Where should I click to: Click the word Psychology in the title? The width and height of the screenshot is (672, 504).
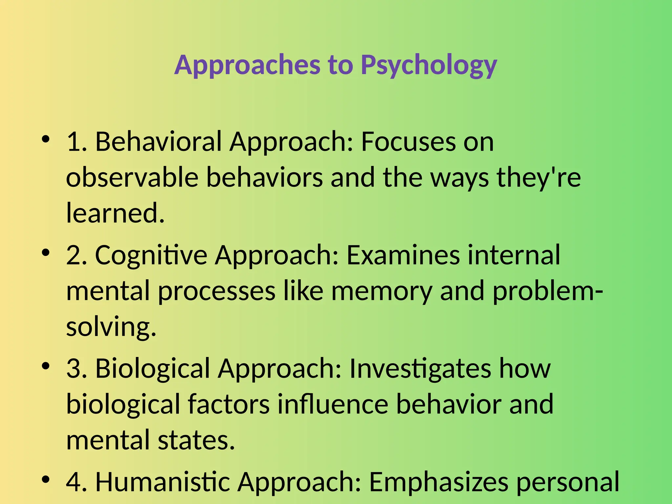pos(429,65)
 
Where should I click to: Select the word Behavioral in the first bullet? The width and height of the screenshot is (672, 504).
pos(158,142)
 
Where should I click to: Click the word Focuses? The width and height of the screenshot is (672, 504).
pos(408,142)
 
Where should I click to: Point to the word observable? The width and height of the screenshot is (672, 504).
pos(132,178)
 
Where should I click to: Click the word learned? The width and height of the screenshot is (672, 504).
pos(115,213)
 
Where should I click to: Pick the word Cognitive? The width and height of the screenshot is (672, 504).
pos(151,255)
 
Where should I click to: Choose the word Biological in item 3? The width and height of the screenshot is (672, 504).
pos(153,368)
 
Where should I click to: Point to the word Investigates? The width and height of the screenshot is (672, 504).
pos(420,368)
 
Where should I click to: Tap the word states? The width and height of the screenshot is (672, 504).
pos(196,440)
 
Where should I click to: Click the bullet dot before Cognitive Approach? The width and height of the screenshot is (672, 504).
pos(46,253)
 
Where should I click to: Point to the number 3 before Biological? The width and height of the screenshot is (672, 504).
pos(74,368)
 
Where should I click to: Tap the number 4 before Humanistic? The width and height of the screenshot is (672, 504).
pos(74,482)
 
